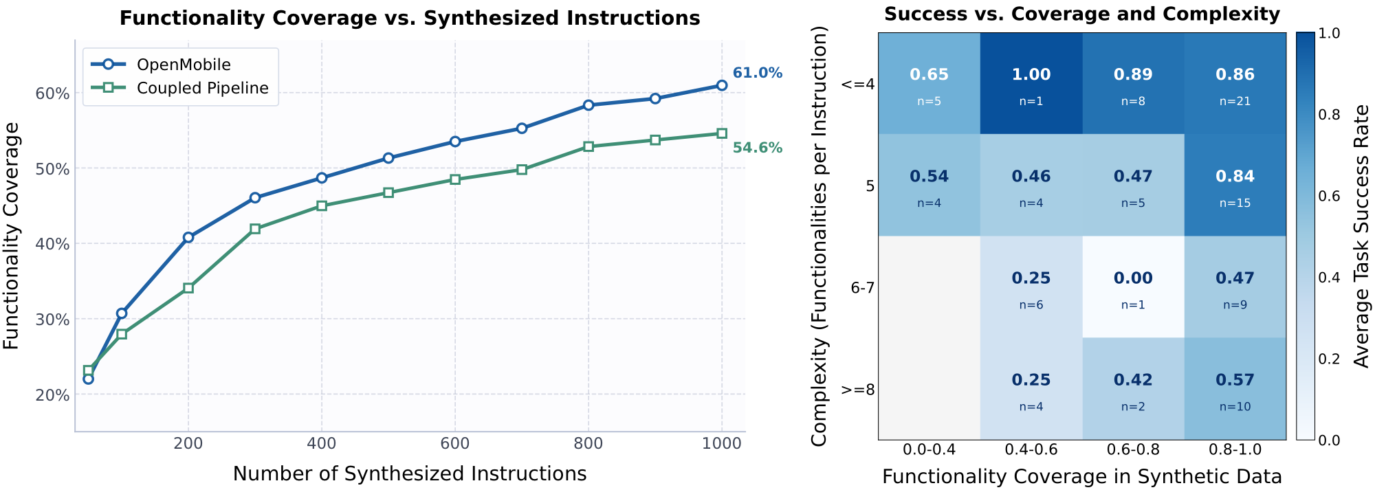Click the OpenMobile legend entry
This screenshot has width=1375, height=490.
183,65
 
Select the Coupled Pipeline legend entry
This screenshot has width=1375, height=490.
202,88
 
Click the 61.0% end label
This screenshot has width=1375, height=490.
757,73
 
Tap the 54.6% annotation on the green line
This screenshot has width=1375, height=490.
757,148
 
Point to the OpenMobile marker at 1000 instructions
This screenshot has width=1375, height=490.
721,85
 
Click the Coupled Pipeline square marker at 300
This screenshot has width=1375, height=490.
255,229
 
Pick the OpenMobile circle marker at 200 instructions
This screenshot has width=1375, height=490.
188,237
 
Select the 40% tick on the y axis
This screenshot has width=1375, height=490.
52,244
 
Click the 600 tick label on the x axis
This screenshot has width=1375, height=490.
454,444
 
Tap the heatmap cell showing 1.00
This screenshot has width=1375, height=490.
1031,83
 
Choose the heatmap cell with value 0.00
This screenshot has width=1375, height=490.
1132,287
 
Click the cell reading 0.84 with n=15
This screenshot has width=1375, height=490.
1234,185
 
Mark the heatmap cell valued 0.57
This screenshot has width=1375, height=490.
1234,388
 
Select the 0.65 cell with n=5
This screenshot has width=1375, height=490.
929,83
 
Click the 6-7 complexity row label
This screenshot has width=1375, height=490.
862,288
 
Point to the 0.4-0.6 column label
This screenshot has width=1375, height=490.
1031,450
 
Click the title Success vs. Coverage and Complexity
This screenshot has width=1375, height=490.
1081,14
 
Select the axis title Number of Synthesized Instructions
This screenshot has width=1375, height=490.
410,474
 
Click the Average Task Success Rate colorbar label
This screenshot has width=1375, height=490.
1361,236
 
